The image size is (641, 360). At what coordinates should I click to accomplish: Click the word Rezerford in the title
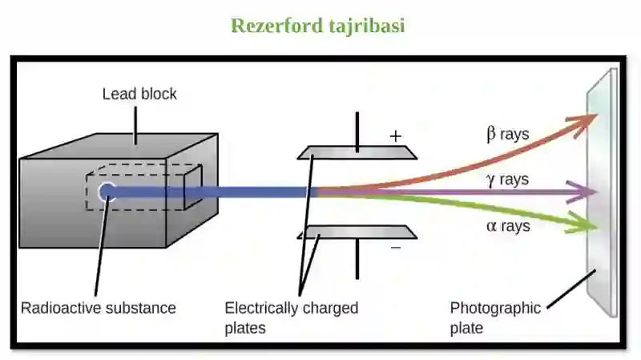[x=276, y=26]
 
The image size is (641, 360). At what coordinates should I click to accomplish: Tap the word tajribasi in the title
[x=367, y=26]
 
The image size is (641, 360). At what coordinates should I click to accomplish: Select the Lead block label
[x=139, y=94]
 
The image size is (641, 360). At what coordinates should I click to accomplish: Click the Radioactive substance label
[x=99, y=308]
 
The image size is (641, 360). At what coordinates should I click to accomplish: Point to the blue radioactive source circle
[x=107, y=192]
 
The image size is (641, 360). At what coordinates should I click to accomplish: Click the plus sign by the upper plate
[x=395, y=136]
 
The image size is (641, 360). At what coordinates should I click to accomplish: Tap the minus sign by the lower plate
[x=396, y=248]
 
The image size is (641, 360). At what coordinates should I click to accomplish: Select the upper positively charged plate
[x=357, y=152]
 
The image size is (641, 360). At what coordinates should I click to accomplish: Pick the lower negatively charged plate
[x=357, y=232]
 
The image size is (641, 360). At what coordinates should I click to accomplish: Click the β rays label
[x=508, y=134]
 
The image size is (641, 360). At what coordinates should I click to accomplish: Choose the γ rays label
[x=507, y=180]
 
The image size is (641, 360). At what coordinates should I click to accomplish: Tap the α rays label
[x=508, y=226]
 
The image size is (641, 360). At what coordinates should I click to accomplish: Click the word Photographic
[x=495, y=308]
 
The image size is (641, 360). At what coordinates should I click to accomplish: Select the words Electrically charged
[x=292, y=308]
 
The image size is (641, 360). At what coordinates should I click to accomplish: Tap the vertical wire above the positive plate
[x=357, y=131]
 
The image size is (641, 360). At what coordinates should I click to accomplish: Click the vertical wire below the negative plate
[x=357, y=259]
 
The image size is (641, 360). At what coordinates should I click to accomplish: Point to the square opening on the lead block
[x=193, y=188]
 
